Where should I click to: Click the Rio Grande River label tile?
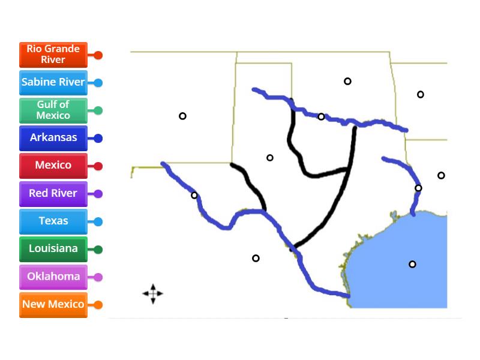coord(53,55)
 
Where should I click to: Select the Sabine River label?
coord(53,82)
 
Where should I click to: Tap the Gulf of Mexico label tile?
coord(53,110)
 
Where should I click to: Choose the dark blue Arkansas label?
coord(53,138)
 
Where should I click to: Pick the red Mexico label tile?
coord(53,166)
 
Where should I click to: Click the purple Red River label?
coord(53,193)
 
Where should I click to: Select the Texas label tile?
coord(53,221)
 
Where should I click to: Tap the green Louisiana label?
coord(53,248)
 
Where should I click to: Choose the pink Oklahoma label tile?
coord(53,277)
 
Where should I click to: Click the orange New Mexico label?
coord(53,304)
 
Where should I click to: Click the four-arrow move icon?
coord(152,293)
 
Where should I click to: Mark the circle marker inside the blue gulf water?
coord(412,264)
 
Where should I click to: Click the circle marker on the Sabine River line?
coord(418,188)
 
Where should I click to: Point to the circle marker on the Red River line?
coord(321,116)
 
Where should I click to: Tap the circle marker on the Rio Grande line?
coord(194,195)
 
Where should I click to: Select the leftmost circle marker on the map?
coord(182,116)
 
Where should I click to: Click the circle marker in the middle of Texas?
coord(270,158)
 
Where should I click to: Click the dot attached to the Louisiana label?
coord(98,249)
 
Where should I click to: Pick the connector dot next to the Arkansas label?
coord(98,139)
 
